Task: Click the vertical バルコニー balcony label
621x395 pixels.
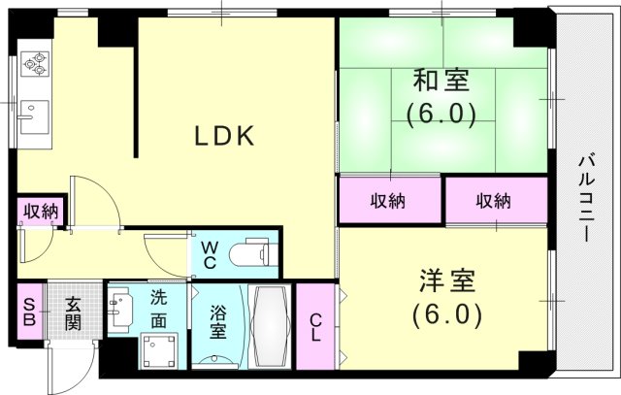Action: coord(586,199)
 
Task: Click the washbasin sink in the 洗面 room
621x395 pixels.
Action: coord(121,311)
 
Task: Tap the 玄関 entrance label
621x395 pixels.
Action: coord(74,312)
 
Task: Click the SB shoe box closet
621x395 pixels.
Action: coord(29,312)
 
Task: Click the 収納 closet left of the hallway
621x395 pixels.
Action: coord(41,211)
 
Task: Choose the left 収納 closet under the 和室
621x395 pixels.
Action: coord(388,201)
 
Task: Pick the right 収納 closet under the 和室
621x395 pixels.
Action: coord(494,201)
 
